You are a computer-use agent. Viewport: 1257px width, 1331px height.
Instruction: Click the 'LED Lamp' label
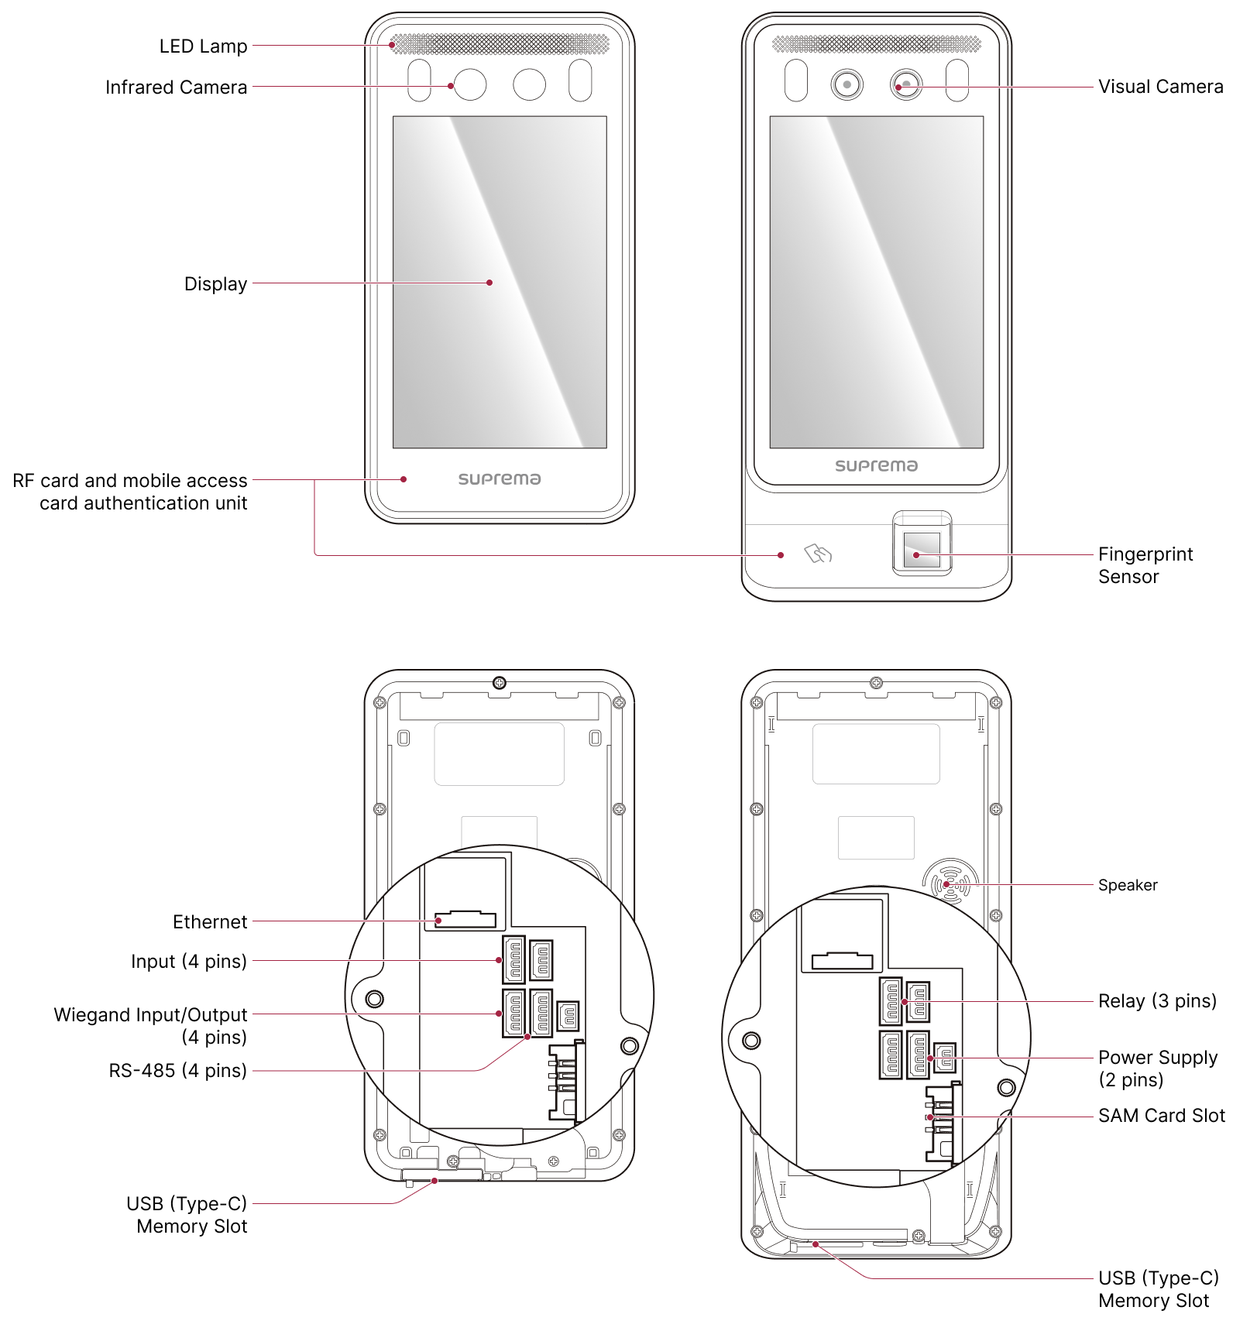click(x=203, y=46)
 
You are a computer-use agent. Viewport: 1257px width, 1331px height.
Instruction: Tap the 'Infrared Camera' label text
click(x=176, y=87)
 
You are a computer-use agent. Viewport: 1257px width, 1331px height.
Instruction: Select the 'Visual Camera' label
click(x=1160, y=87)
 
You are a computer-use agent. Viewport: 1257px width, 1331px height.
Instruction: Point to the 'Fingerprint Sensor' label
click(x=1145, y=565)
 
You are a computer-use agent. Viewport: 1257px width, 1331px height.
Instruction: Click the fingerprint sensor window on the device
click(x=922, y=549)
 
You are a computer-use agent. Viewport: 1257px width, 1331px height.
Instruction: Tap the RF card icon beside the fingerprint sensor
click(x=818, y=554)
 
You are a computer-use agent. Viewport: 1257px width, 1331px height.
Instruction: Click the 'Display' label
click(x=215, y=284)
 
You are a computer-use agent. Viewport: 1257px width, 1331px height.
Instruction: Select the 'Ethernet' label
click(x=210, y=922)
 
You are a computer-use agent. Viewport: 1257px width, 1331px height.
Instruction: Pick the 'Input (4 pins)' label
click(x=188, y=962)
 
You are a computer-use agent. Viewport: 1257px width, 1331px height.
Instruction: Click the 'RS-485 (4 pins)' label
click(x=177, y=1071)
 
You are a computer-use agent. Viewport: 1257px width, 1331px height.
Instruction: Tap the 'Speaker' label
click(x=1127, y=885)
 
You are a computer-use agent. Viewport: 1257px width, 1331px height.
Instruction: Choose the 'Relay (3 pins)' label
click(x=1157, y=1001)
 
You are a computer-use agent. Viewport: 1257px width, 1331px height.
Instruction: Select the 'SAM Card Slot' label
click(x=1161, y=1116)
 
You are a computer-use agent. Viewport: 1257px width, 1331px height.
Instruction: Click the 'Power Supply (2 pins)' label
click(x=1157, y=1069)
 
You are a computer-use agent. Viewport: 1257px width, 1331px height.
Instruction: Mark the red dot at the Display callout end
click(x=489, y=283)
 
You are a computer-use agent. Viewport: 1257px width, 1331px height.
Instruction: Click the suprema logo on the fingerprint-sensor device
click(x=876, y=465)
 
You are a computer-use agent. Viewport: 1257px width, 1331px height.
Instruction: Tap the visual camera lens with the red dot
click(x=905, y=84)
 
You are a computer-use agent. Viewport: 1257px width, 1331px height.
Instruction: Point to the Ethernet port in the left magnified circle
click(x=465, y=919)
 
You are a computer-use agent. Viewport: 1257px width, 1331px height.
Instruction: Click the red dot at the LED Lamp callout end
click(x=393, y=45)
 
